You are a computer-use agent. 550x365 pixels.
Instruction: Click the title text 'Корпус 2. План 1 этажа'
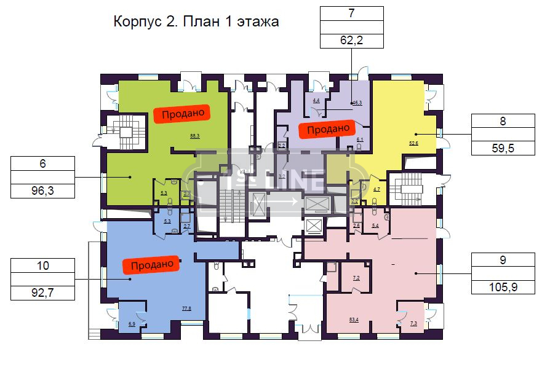(196, 22)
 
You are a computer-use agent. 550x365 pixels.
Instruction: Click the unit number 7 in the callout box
(351, 13)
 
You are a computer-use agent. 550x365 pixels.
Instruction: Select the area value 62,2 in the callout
(351, 41)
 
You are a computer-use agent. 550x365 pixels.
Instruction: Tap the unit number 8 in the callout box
(503, 121)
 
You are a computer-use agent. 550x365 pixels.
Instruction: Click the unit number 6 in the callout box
(42, 163)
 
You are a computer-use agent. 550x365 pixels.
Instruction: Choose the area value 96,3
(42, 190)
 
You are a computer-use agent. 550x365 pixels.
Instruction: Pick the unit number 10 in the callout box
(42, 266)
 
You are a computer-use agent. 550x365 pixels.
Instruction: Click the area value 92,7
(42, 293)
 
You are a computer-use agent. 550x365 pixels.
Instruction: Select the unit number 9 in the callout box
(503, 259)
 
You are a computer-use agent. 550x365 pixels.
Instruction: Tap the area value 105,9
(503, 287)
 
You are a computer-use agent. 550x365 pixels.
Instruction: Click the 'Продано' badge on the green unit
(182, 114)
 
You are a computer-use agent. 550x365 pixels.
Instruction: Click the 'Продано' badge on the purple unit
(328, 128)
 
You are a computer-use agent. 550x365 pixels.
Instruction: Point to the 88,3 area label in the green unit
(195, 136)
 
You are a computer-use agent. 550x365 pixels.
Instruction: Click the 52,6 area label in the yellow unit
(413, 143)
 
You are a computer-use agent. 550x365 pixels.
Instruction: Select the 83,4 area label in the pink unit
(354, 319)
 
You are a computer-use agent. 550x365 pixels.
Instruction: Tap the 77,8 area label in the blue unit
(186, 308)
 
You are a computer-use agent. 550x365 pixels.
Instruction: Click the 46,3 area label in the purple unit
(357, 103)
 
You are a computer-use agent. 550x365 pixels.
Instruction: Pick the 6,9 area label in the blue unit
(132, 323)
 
